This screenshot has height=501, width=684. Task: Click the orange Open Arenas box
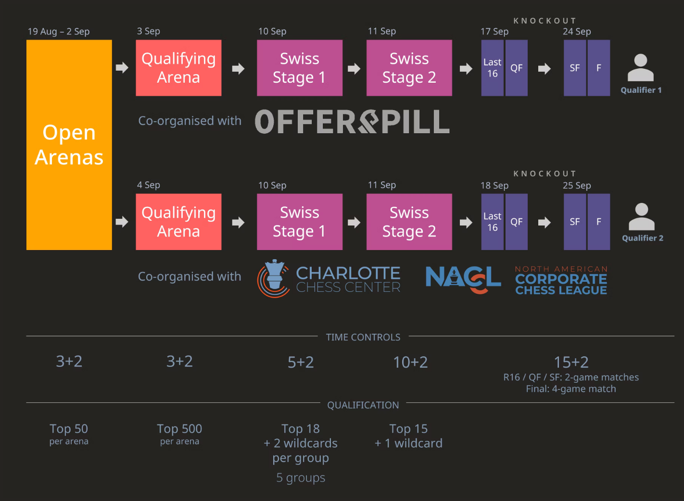coord(69,145)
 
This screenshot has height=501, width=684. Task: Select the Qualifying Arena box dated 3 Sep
coord(178,68)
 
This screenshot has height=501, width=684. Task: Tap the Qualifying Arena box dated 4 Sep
coord(178,222)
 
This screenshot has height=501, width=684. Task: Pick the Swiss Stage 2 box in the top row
coord(409,68)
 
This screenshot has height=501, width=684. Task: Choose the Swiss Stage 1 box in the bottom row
coord(299,222)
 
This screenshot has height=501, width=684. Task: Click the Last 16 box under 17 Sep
coord(492,68)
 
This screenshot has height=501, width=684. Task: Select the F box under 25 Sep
coord(599,222)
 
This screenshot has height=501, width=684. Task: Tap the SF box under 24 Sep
coord(575,68)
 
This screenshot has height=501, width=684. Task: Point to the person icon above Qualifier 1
coord(640,68)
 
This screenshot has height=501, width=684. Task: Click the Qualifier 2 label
coord(642,238)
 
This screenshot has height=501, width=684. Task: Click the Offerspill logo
coord(352,122)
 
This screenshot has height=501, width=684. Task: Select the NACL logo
coord(463,278)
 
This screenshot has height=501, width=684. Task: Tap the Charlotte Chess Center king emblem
coord(274,278)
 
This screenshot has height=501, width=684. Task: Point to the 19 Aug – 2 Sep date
coord(59,31)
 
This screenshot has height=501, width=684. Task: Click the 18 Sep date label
coord(494,186)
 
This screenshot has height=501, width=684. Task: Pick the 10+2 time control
coord(410,362)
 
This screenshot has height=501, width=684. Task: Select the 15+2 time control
coord(571,362)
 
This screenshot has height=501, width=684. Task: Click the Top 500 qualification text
coord(179,428)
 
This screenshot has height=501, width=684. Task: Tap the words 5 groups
coord(301,477)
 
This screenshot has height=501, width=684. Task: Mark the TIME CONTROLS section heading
coord(363,337)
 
